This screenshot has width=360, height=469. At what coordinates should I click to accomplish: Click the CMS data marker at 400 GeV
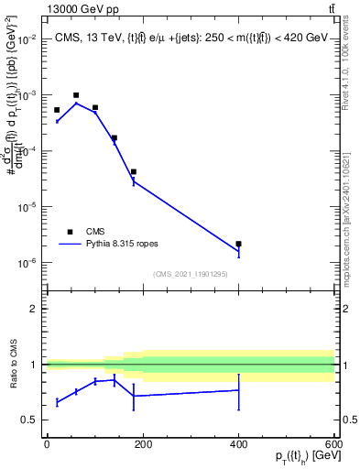(x=238, y=244)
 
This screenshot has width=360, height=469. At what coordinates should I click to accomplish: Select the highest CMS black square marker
(x=76, y=95)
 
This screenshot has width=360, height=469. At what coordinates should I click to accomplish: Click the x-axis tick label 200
(x=142, y=444)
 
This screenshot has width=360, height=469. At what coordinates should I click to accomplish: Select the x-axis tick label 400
(x=238, y=444)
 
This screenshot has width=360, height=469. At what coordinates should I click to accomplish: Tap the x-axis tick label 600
(x=333, y=444)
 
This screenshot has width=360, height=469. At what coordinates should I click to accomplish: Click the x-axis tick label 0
(x=47, y=444)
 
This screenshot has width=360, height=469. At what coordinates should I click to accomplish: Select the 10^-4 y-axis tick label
(x=25, y=151)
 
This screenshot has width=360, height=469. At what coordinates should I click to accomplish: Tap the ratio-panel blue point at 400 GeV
(x=238, y=390)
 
